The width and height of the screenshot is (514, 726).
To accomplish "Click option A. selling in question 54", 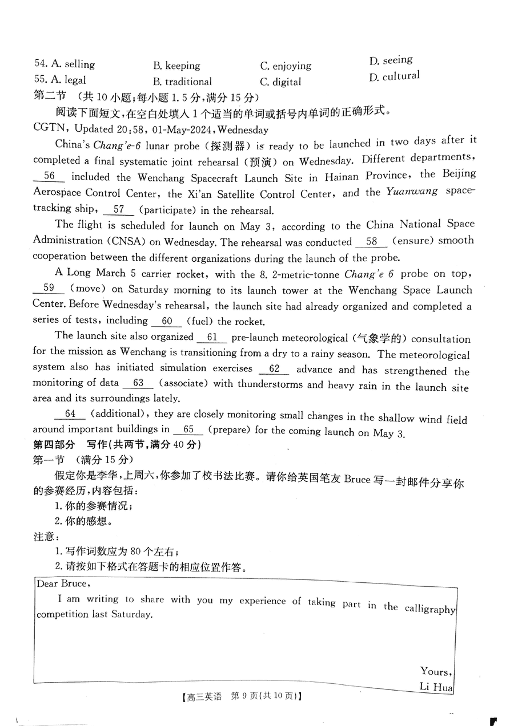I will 65,64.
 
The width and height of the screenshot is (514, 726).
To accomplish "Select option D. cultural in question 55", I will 394,76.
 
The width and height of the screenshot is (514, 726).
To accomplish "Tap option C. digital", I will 280,82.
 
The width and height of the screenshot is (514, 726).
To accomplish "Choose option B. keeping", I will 176,66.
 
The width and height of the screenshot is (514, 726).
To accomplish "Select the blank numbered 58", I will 372,241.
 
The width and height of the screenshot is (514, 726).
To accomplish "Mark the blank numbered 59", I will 49,289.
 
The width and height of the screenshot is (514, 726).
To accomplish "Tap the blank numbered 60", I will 167,321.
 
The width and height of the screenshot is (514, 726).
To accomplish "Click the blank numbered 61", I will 212,337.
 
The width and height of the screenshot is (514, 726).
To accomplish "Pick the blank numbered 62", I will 274,369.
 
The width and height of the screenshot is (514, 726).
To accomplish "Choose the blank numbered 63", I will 138,383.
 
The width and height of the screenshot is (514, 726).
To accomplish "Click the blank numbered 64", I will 70,413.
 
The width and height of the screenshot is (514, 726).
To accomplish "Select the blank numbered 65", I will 189,429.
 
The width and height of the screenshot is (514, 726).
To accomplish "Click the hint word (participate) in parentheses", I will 170,210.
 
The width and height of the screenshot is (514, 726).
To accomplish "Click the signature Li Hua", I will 436,687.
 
